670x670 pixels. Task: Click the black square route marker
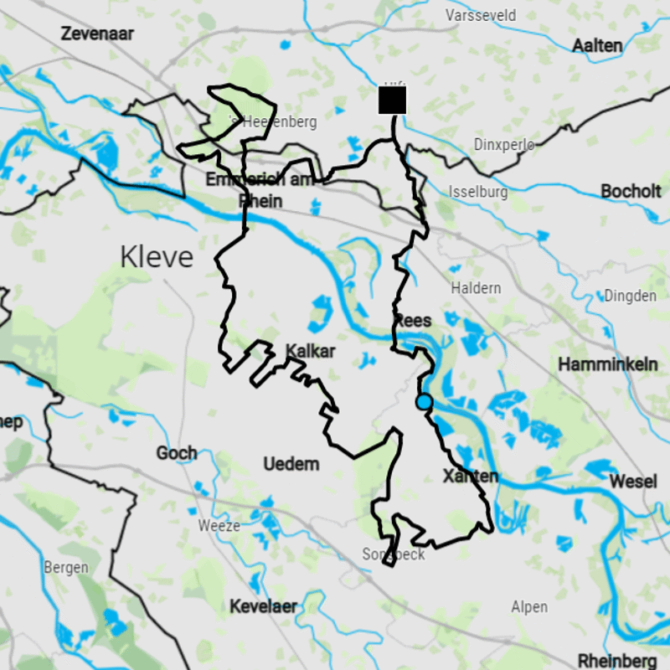coord(392,100)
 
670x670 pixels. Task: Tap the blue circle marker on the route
coord(424,402)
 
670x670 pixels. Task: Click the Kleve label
coord(157,257)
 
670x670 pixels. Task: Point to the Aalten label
coord(597,45)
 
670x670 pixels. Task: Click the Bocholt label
coord(631,191)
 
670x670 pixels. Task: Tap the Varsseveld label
coord(481,16)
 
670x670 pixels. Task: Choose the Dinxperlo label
coord(504,144)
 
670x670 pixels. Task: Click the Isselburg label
coord(478,192)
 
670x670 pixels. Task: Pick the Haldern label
coord(476,288)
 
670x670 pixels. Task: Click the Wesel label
coord(633,482)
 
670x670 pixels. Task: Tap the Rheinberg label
coord(617,660)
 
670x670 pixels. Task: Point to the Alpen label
coord(529,607)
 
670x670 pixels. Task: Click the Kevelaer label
coord(264,606)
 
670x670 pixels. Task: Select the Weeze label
coord(219,526)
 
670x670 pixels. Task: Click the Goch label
coord(177,453)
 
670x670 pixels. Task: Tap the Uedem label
coord(291,464)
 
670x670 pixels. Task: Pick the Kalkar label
coord(310,351)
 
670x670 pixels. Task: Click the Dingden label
coord(630,296)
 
